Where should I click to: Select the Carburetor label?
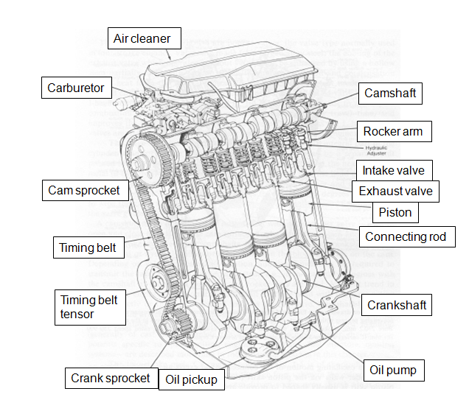click(76, 88)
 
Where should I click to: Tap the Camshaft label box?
click(391, 94)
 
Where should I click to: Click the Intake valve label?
click(393, 170)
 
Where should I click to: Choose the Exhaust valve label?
click(396, 192)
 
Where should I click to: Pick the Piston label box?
click(395, 213)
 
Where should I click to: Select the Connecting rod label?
click(406, 237)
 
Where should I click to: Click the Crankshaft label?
click(397, 305)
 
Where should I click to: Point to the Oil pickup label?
click(190, 379)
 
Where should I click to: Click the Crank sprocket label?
click(111, 379)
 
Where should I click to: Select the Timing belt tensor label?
click(89, 306)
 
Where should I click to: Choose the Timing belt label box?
click(88, 247)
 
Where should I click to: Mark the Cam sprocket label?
click(83, 190)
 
